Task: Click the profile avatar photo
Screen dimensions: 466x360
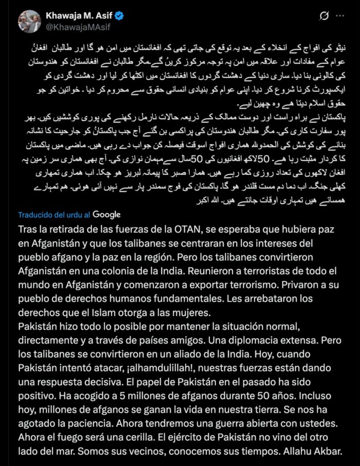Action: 29,21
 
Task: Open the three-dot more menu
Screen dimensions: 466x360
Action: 340,16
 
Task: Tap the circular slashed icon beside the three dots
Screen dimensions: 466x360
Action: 324,16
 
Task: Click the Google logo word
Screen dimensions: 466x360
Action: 107,214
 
